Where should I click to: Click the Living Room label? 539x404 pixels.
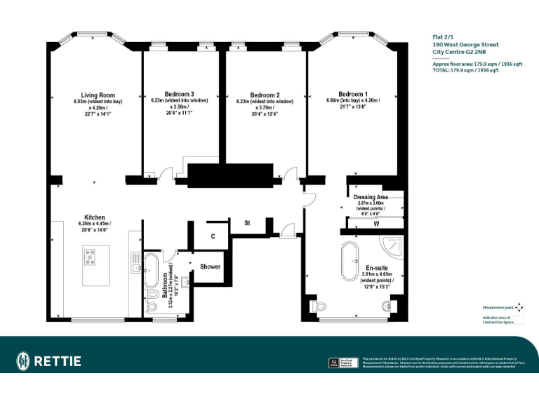[98, 95]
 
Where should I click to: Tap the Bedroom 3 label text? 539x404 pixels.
[179, 95]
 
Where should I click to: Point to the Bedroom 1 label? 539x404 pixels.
[352, 94]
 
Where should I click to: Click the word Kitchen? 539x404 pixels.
[95, 217]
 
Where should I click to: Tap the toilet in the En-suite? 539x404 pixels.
[318, 307]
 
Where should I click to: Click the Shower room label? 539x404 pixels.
[210, 267]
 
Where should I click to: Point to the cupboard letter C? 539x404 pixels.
[213, 236]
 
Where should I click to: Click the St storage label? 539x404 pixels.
[247, 223]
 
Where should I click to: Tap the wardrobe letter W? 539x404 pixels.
[376, 224]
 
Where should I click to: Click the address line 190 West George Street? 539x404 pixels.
[461, 43]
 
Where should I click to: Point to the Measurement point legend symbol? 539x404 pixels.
[519, 307]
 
